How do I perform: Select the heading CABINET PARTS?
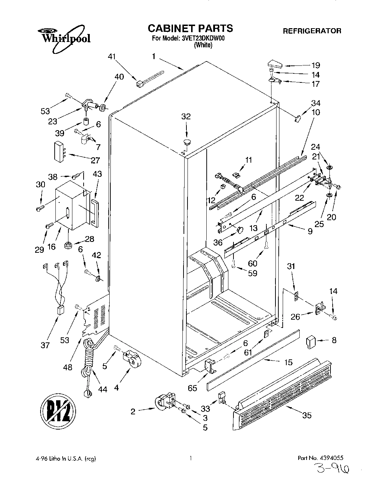tap(190, 28)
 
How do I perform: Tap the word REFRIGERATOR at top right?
tap(312, 31)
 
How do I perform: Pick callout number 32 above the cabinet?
tap(186, 117)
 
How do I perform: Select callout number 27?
tap(96, 160)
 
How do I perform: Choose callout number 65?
tap(193, 388)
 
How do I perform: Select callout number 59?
tap(252, 273)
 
